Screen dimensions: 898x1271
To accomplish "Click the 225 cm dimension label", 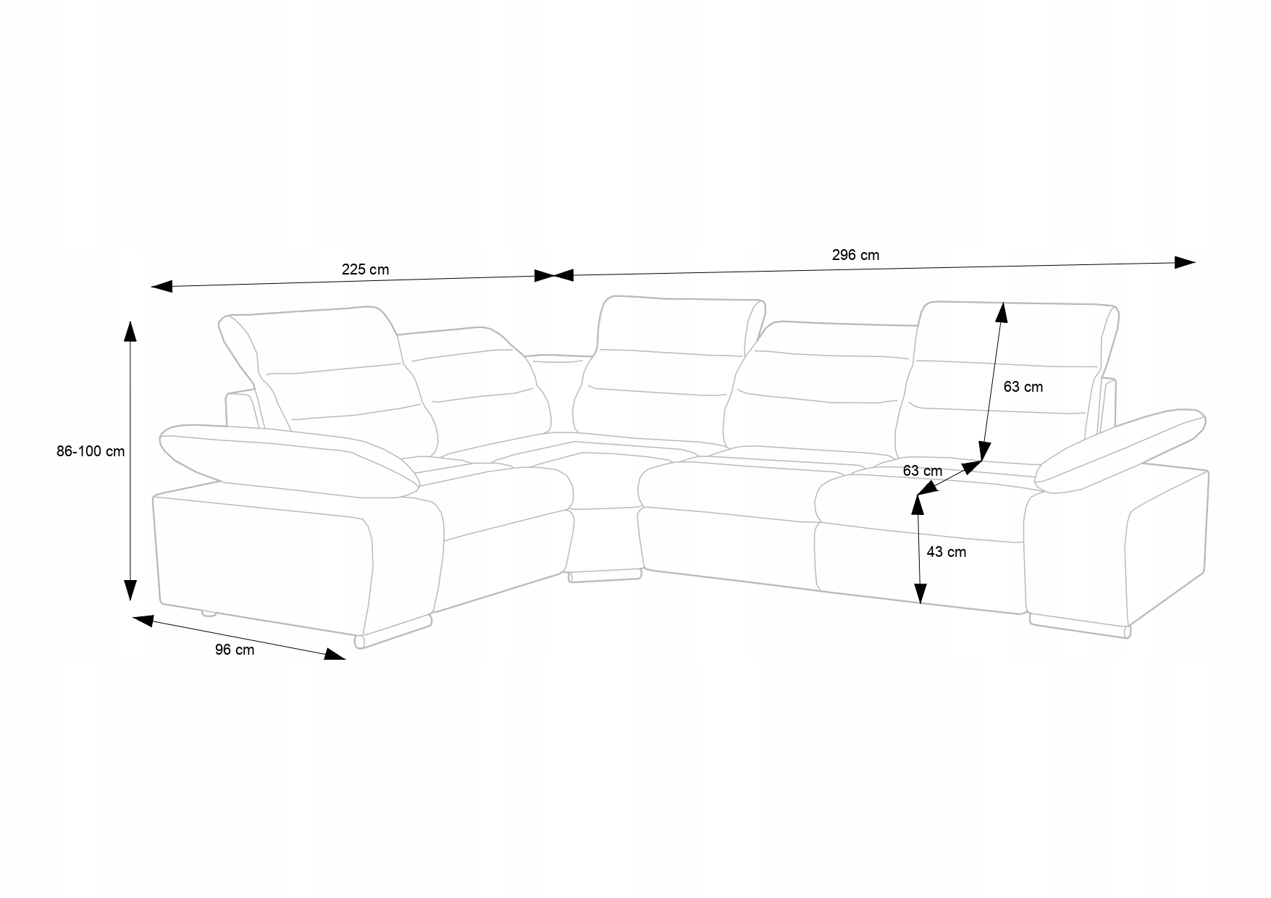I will (x=365, y=270).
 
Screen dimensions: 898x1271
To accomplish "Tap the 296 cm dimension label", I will (x=855, y=255).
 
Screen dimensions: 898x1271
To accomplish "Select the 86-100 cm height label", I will (x=91, y=451).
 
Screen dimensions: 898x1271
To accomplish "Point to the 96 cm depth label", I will (x=235, y=650).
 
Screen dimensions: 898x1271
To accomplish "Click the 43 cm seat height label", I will (x=946, y=552).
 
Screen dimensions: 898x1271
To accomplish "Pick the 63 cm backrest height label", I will (x=1023, y=387).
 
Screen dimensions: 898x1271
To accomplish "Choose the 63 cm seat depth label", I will (x=922, y=471).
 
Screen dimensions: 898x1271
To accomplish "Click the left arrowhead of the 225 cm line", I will (x=161, y=286).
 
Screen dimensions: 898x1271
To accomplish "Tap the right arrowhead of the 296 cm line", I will (x=1185, y=262).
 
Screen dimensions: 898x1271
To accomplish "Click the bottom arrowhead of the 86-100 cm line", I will (x=130, y=590).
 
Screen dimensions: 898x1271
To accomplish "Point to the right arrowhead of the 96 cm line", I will (x=335, y=655).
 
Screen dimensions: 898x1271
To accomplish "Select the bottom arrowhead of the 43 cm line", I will (x=920, y=594).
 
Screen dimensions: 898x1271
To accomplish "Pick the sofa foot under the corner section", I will (x=605, y=576).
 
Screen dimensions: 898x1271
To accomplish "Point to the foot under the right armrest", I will (x=1079, y=627).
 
